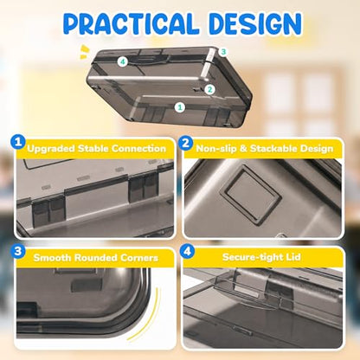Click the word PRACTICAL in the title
[131, 23]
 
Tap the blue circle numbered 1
[18, 142]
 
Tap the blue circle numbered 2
[186, 143]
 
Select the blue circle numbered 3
[18, 251]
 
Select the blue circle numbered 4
[187, 251]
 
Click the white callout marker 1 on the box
[180, 107]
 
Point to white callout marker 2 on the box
[210, 89]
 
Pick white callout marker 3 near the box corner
[223, 52]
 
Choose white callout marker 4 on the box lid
[123, 61]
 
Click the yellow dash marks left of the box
[84, 52]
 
